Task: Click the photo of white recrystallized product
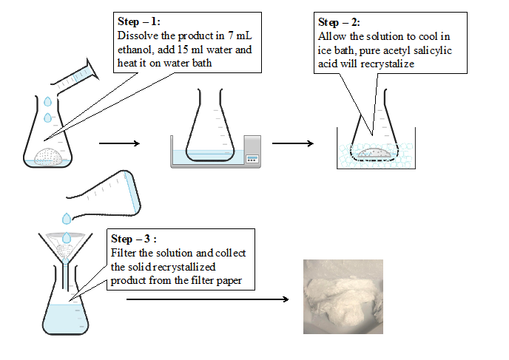[x=345, y=296]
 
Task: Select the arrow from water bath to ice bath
[x=292, y=143]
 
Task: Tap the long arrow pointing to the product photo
[x=207, y=299]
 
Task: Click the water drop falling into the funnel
[x=67, y=220]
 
